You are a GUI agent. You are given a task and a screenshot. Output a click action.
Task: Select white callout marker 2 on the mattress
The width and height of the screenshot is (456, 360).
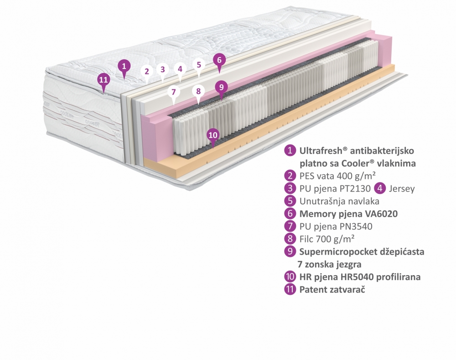tap(146, 71)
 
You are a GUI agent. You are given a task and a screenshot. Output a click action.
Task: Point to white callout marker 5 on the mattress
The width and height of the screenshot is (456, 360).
tap(199, 65)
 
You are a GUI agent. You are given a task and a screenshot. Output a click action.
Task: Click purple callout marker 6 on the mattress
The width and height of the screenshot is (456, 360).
tap(219, 60)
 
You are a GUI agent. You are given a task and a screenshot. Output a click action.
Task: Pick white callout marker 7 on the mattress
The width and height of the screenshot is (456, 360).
tap(173, 92)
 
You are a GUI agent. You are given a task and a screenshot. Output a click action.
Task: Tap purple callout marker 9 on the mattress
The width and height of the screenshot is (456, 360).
tap(221, 86)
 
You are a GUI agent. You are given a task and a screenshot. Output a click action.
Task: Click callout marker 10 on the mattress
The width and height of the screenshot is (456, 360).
tap(212, 135)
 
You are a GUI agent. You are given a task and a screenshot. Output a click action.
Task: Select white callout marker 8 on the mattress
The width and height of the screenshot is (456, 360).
tap(198, 91)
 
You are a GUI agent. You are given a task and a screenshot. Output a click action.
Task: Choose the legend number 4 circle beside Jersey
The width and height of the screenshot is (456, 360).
tap(379, 188)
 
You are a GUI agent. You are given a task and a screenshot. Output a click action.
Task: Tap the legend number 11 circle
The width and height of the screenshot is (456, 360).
tap(290, 289)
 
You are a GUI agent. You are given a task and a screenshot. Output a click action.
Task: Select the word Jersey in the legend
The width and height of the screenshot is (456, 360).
tap(401, 188)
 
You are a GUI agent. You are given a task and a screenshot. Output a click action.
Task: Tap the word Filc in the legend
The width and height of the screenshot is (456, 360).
tap(308, 239)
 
